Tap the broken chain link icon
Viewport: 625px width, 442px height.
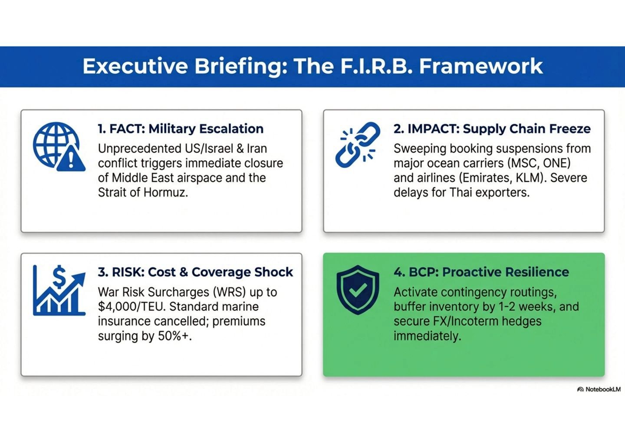(357, 145)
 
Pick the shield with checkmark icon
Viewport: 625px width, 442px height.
(358, 290)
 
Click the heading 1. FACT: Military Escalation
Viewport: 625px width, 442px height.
(181, 129)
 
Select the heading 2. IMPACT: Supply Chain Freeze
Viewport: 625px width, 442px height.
(492, 129)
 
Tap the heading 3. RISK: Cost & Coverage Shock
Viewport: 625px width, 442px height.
(195, 272)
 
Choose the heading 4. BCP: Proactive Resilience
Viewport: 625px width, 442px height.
(481, 272)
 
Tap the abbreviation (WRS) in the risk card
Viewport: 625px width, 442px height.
(226, 292)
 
